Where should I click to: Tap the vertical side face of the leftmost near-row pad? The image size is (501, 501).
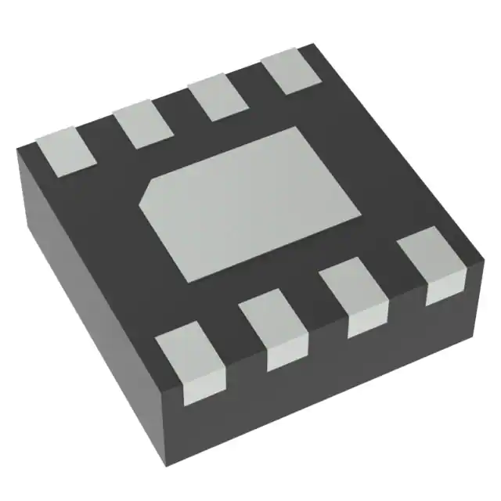click(200, 391)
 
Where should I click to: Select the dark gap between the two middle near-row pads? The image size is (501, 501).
click(313, 313)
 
